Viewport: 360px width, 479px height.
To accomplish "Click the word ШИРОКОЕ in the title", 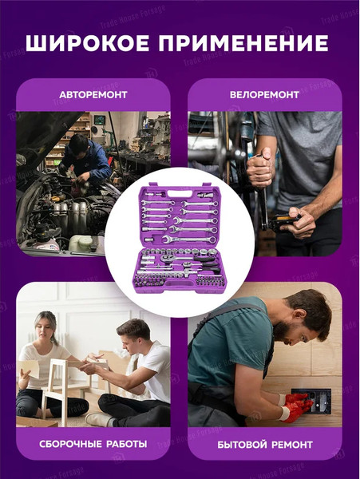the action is pyautogui.click(x=87, y=43).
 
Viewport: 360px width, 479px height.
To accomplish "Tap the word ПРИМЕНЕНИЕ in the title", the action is pyautogui.click(x=243, y=43).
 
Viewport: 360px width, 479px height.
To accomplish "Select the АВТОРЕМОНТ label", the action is pyautogui.click(x=93, y=95).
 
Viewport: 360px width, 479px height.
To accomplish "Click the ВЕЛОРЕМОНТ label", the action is pyautogui.click(x=264, y=95).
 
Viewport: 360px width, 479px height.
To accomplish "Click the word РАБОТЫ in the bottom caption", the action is pyautogui.click(x=126, y=444).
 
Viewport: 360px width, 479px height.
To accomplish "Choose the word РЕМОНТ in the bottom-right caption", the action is pyautogui.click(x=292, y=445).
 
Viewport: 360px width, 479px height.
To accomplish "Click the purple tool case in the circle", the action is pyautogui.click(x=180, y=239).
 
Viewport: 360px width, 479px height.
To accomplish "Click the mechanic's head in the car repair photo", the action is pyautogui.click(x=79, y=143).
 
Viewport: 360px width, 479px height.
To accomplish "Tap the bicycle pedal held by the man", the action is pyautogui.click(x=284, y=220).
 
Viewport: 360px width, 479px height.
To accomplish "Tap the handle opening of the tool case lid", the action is pyautogui.click(x=180, y=194).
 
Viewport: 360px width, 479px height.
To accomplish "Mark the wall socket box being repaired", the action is pyautogui.click(x=311, y=400).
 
